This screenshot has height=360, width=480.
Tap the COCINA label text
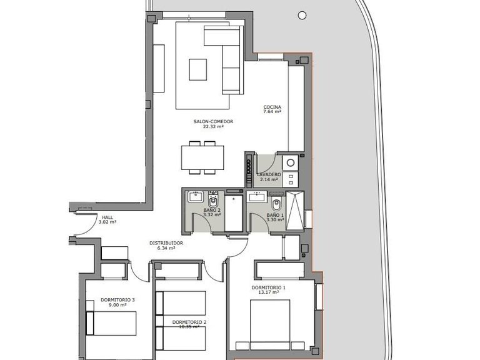[271, 107]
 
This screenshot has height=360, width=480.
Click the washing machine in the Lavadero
[291, 163]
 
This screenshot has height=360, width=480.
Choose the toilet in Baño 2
[212, 202]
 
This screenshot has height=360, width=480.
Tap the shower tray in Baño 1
[294, 210]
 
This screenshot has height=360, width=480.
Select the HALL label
[107, 217]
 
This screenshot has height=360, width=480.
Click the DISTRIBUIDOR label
[166, 243]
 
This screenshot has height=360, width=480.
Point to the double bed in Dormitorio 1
[270, 325]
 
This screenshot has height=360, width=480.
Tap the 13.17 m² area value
[269, 292]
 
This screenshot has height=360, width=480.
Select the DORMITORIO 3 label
[118, 300]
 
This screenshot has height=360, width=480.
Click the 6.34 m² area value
[166, 248]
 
